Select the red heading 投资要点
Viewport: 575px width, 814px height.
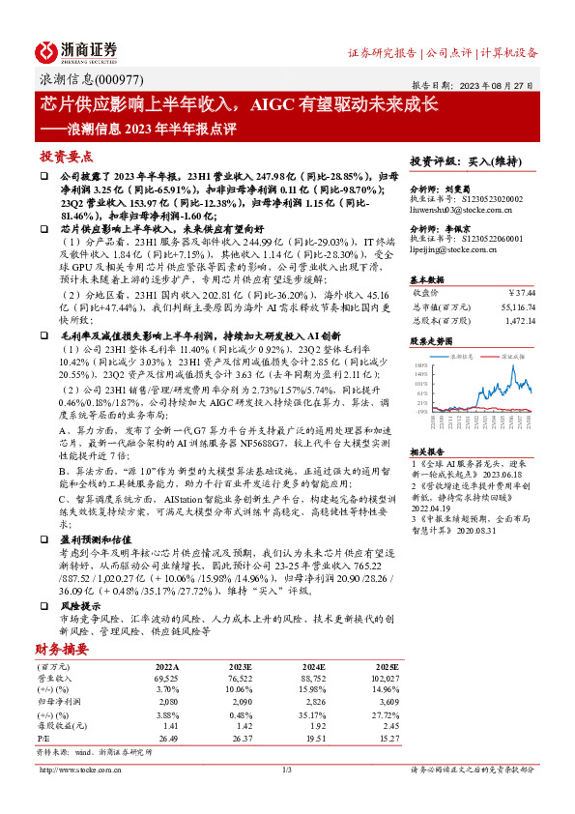pos(65,157)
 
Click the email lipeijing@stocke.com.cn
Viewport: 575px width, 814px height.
pos(453,248)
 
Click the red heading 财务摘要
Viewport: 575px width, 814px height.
pos(62,649)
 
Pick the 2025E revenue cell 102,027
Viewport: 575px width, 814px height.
pos(388,681)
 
